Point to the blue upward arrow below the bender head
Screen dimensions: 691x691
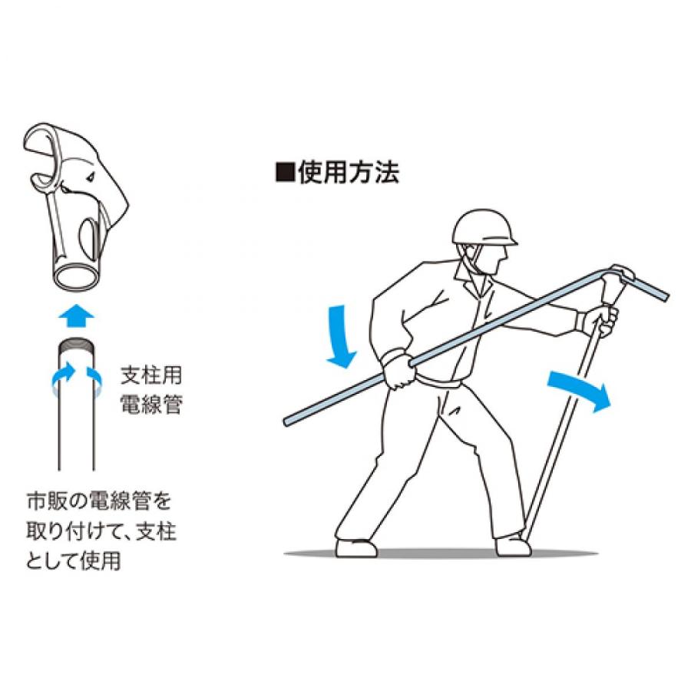pyautogui.click(x=75, y=314)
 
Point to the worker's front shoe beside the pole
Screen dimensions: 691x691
pyautogui.click(x=513, y=545)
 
